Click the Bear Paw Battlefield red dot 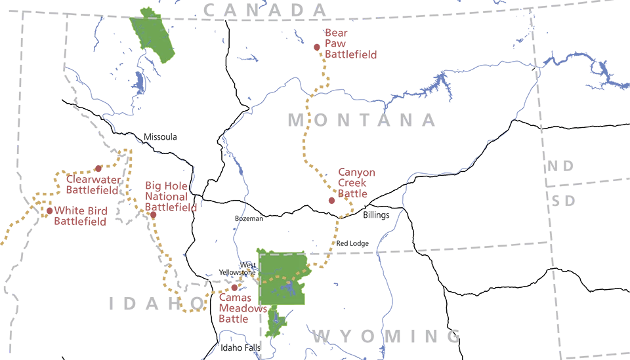coord(317,47)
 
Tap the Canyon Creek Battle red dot coord(331,200)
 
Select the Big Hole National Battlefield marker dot coord(153,214)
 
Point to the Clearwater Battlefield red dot coord(98,169)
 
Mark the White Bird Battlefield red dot coord(49,210)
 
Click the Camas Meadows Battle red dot coord(234,287)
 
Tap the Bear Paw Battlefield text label coord(350,44)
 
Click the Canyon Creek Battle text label coord(356,183)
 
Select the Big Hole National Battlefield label coord(170,197)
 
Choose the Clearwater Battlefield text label coord(92,184)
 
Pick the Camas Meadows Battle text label coord(242,308)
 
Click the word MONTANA coord(362,120)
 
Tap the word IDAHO coord(157,303)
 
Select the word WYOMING coord(387,336)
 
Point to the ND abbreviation coord(560,166)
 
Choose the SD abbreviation coord(564,201)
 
